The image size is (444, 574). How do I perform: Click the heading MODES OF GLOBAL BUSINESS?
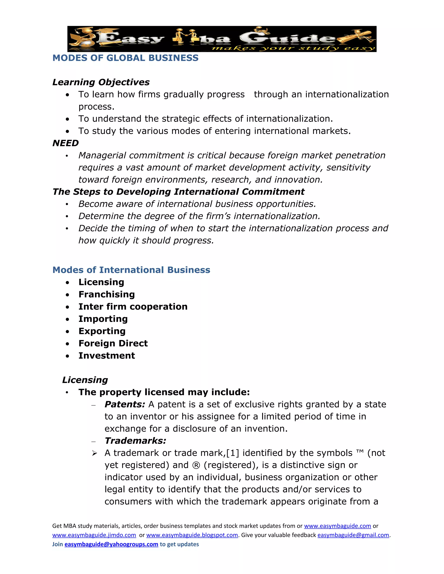click(x=126, y=58)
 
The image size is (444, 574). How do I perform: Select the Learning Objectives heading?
click(x=101, y=82)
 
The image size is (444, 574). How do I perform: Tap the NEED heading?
click(x=65, y=143)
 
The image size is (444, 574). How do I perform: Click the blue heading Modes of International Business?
click(x=131, y=270)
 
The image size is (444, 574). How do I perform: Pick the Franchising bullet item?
click(x=106, y=294)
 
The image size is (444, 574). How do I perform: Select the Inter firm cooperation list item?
click(x=133, y=307)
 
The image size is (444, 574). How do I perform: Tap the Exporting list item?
click(x=102, y=331)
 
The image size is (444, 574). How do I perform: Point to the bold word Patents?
click(x=125, y=404)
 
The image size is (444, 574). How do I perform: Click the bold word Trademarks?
click(x=135, y=441)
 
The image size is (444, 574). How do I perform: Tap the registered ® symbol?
click(x=196, y=465)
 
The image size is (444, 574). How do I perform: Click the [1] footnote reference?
click(x=233, y=453)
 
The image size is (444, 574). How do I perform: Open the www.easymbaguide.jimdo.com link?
click(x=94, y=535)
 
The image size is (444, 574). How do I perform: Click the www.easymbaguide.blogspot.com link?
click(x=192, y=535)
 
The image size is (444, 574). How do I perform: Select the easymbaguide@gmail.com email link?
click(x=353, y=535)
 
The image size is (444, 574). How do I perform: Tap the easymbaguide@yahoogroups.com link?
click(x=111, y=544)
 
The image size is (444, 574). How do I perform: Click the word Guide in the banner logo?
click(x=287, y=39)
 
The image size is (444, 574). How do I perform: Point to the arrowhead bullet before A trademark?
click(x=95, y=453)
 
